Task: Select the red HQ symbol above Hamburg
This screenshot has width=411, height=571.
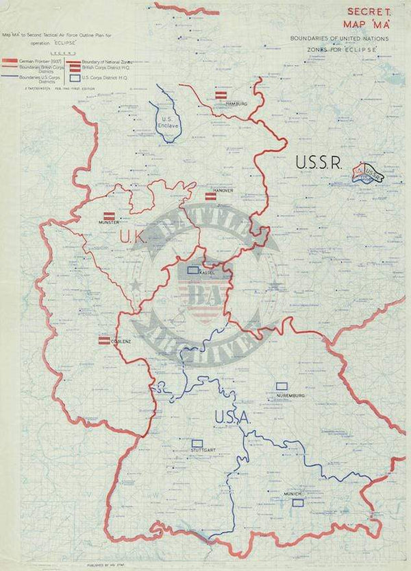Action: [221, 95]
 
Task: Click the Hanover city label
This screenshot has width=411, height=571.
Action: [223, 190]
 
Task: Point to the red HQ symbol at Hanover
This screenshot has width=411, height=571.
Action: [212, 197]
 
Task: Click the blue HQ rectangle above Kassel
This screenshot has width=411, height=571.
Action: [195, 269]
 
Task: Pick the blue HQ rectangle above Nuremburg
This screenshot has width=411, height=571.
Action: [281, 387]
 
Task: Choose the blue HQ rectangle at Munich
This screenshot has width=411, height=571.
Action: [297, 502]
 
